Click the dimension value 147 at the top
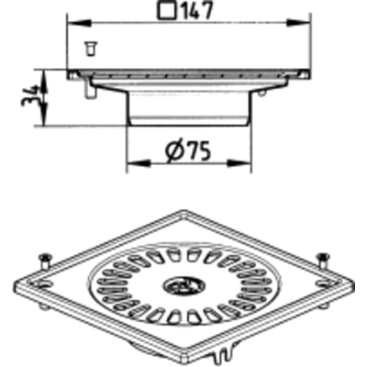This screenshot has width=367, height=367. click(x=196, y=9)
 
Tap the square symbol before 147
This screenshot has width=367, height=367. click(x=168, y=9)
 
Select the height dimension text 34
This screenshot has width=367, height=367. click(x=29, y=96)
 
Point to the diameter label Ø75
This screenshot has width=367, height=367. click(x=188, y=150)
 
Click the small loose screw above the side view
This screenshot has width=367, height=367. click(x=91, y=49)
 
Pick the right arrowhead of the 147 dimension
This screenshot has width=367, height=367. click(x=298, y=22)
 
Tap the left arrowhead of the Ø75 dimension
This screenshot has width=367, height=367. click(x=139, y=162)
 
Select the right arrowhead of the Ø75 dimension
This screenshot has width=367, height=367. click(x=239, y=162)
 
